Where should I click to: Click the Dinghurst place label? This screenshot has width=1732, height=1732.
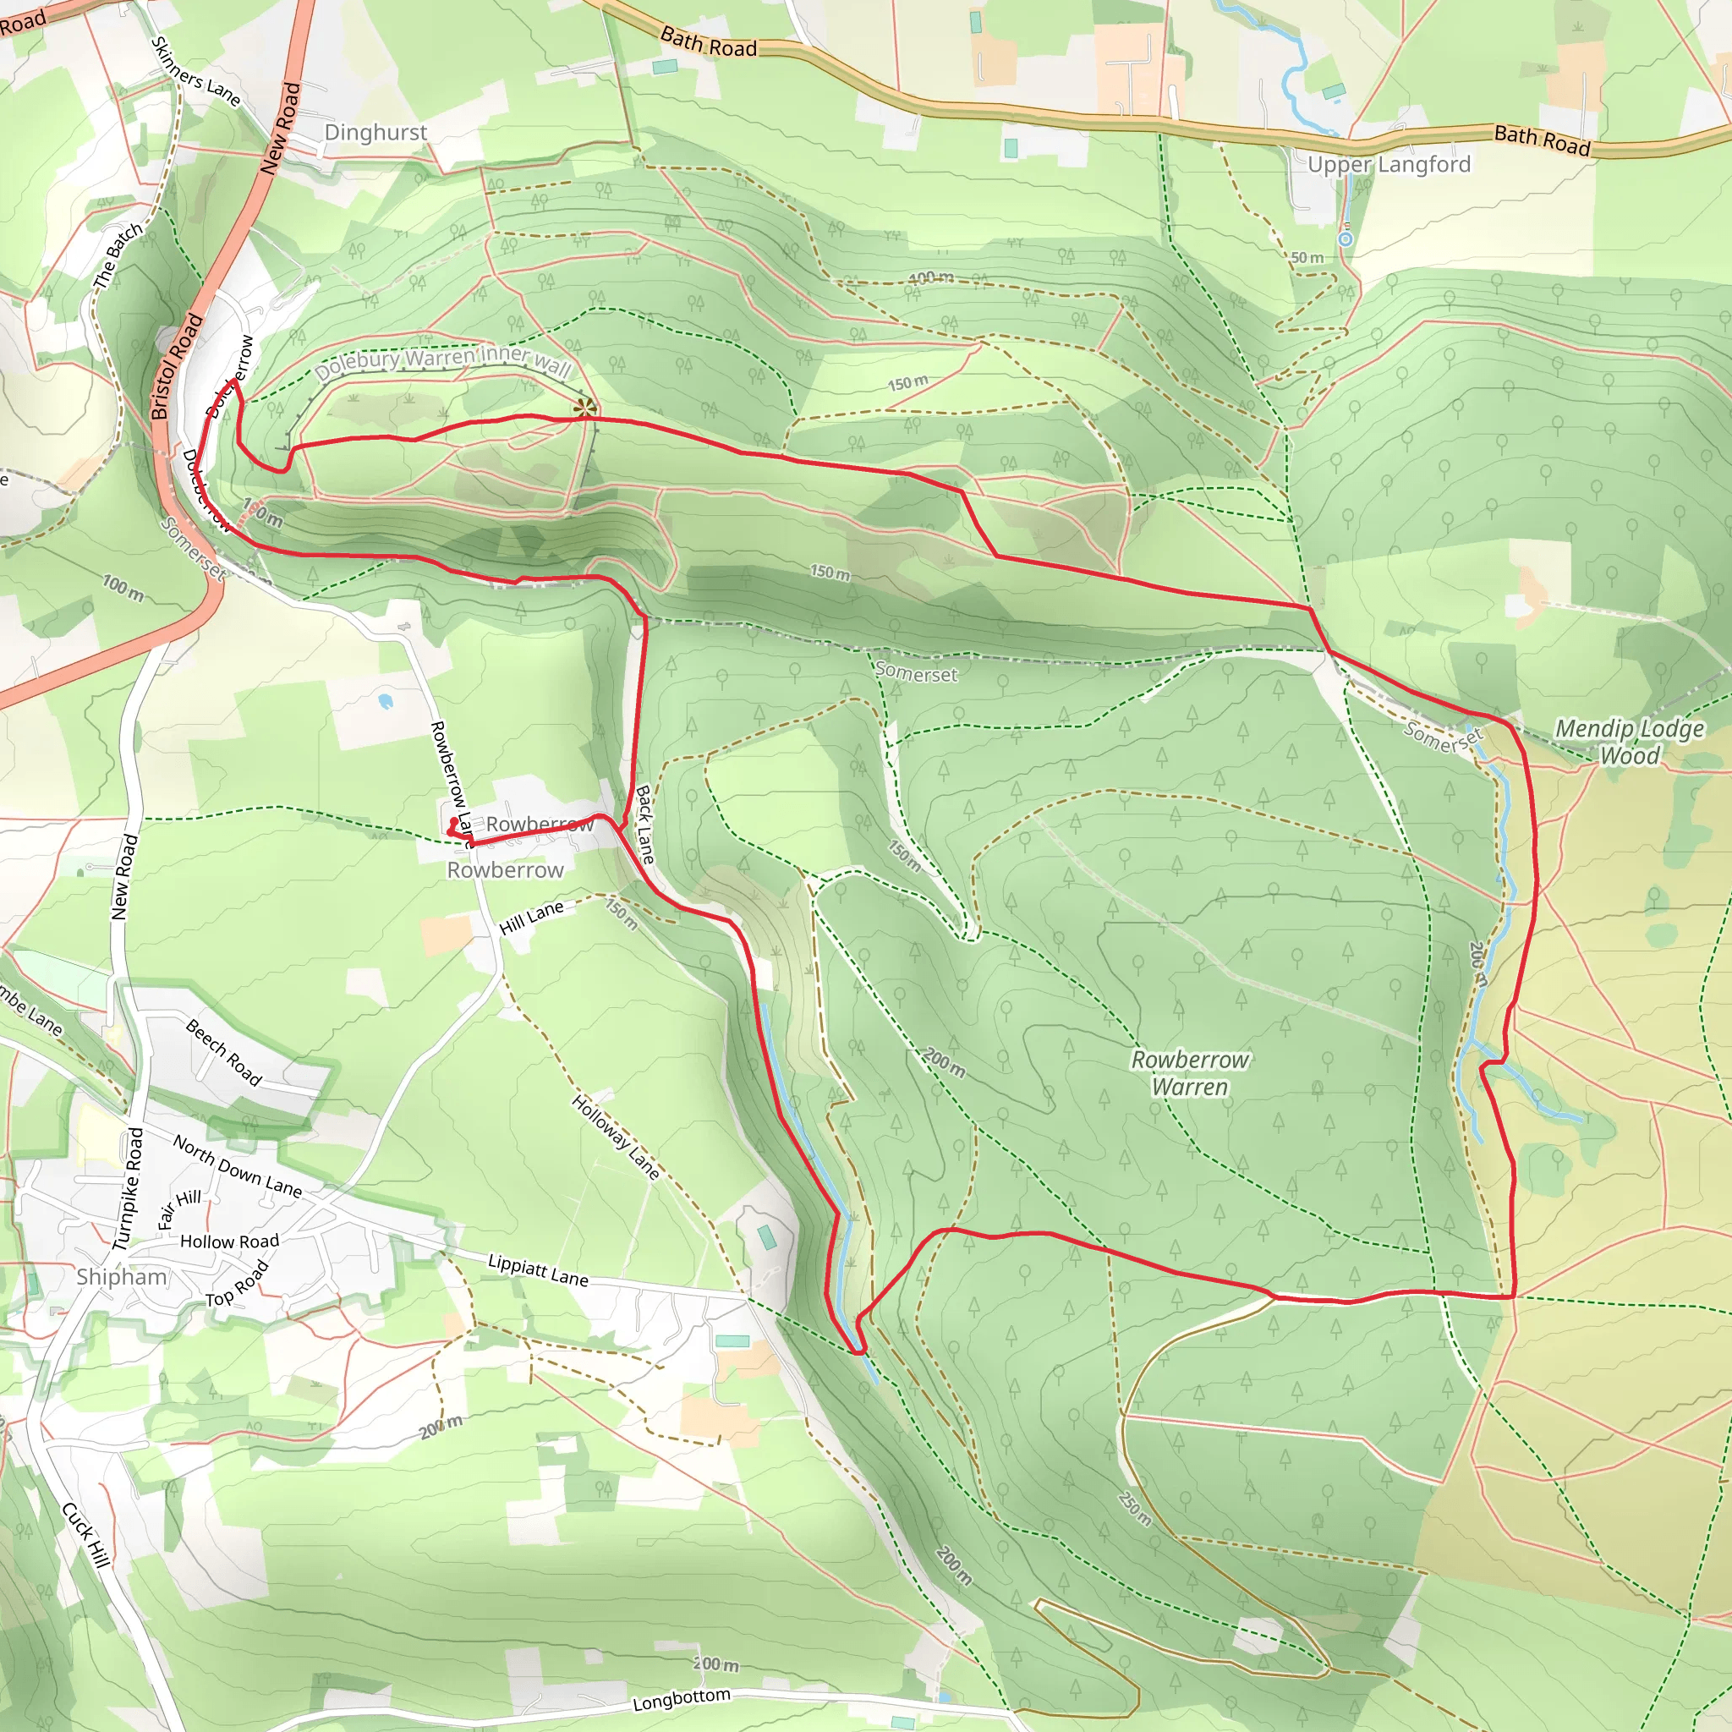coord(375,133)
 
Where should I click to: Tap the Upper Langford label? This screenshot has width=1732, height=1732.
coord(1389,164)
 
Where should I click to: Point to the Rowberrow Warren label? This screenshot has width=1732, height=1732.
coord(1190,1073)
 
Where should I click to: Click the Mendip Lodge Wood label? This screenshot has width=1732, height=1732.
coord(1629,742)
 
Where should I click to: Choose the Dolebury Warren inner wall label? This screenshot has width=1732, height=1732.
coord(443,360)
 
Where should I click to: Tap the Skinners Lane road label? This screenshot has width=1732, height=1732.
coord(195,72)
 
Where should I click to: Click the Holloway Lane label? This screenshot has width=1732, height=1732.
coord(616,1137)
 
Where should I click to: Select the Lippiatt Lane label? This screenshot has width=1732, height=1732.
coord(538,1270)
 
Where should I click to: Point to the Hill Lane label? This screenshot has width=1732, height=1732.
coord(532,917)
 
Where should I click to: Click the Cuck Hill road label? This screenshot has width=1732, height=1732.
coord(86,1534)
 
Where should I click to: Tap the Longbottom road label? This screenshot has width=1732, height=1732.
coord(682,1699)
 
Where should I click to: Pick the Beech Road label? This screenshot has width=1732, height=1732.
coord(224,1051)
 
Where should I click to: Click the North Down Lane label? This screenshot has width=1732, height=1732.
coord(238,1165)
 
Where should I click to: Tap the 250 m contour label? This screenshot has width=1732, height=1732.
coord(1135,1508)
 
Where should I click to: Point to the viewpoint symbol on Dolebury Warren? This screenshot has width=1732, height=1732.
coord(585,408)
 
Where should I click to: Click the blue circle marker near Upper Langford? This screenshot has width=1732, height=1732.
coord(1346,239)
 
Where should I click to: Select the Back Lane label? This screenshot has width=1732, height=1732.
coord(645,825)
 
